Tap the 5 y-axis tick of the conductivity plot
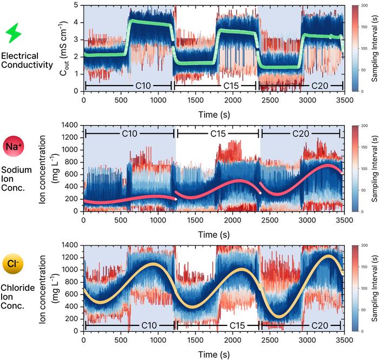[x=77, y=4]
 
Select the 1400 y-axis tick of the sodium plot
[x=72, y=125]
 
